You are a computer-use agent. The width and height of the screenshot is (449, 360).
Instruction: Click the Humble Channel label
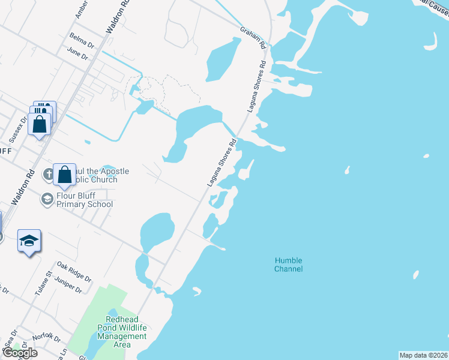[288, 265]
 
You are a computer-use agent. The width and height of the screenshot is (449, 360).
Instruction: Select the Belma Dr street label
[82, 40]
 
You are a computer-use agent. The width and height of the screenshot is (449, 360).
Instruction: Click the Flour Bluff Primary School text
[84, 200]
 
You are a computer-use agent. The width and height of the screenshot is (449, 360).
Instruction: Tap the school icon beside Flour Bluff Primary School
[47, 198]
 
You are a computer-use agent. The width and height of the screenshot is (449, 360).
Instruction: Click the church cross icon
[49, 175]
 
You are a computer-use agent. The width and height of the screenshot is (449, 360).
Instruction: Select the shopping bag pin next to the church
[65, 175]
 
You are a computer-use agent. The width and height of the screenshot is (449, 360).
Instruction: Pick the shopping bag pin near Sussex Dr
[40, 124]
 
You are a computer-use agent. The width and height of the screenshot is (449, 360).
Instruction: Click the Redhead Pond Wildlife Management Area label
[122, 332]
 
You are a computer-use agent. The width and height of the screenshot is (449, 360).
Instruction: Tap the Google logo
[19, 353]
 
